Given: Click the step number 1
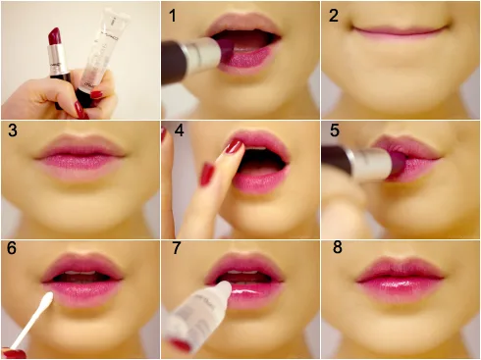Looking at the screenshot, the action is tap(173, 16).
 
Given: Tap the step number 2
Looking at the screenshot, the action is tap(334, 16).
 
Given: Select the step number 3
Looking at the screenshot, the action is tap(13, 130).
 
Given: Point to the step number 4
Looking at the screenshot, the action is tap(179, 130).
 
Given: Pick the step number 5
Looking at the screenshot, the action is tap(335, 130).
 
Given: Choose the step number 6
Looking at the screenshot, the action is tap(12, 248).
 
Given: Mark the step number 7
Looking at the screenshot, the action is tap(177, 248).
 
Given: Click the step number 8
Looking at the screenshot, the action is tap(338, 247).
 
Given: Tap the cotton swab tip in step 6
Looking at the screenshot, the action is tap(48, 298).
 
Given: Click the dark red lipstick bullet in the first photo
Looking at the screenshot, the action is tap(56, 36).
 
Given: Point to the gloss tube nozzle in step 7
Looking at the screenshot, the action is tap(224, 287).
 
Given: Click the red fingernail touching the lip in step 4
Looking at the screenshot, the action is tap(234, 146).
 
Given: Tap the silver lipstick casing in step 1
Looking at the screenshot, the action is tap(202, 53).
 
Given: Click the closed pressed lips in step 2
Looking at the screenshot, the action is tap(401, 30).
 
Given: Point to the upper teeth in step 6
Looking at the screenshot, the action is tap(80, 273).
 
